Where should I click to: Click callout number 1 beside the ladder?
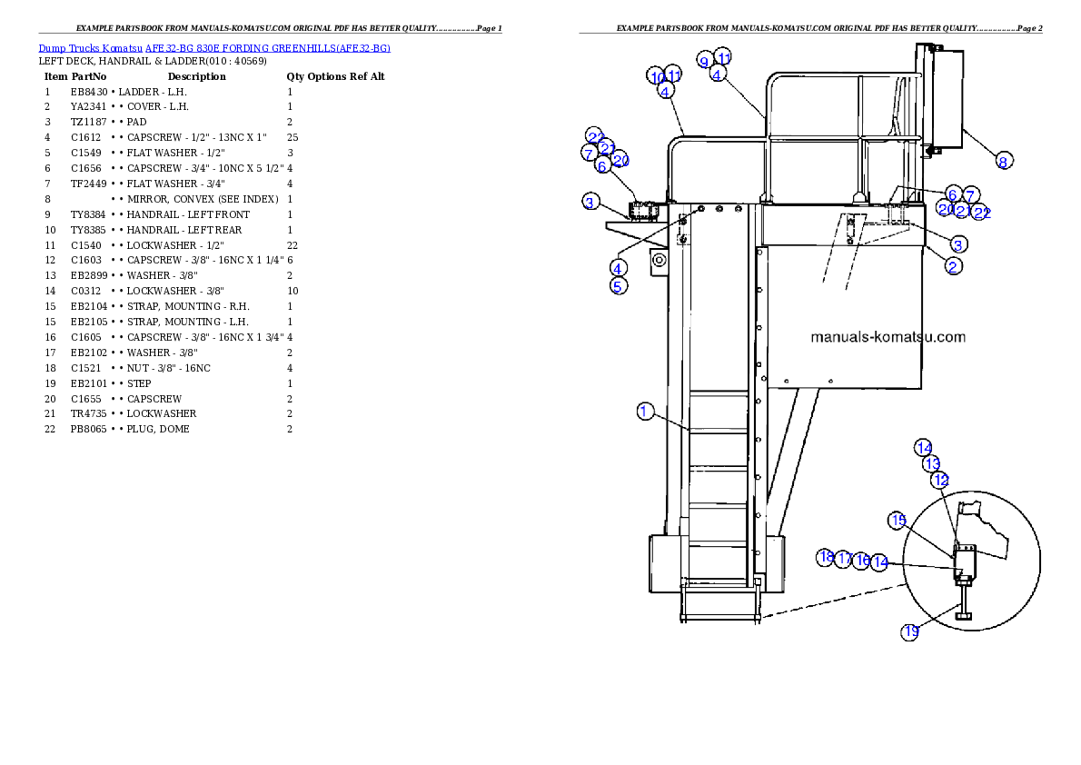coord(644,412)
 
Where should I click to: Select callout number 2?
coord(953,265)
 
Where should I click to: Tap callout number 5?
coord(618,286)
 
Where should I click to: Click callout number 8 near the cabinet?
coord(1003,161)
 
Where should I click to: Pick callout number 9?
coord(705,61)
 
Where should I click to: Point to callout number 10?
coord(657,76)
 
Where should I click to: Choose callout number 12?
coord(940,479)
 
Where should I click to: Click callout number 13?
coord(932,463)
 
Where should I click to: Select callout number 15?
coord(898,521)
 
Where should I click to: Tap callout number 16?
coord(862,561)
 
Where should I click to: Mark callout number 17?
coord(844,559)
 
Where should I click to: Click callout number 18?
coord(826,557)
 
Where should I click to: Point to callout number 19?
coord(910,631)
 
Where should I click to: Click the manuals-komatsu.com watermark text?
coord(888,337)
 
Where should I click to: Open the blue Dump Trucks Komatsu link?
coord(214,47)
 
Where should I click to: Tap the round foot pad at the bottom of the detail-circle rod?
coord(964,617)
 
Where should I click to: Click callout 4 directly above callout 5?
coord(618,268)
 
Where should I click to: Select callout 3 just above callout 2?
coord(958,243)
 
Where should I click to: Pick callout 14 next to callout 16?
coord(879,562)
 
